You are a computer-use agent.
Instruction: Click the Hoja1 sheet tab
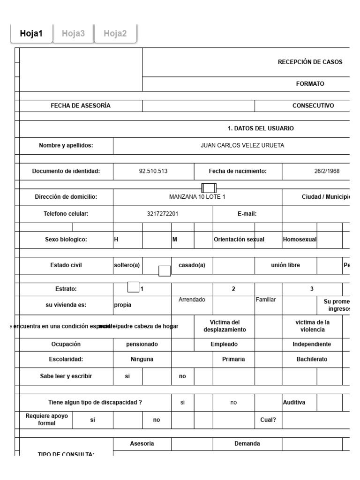click(x=31, y=33)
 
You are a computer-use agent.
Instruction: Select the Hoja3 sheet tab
click(x=74, y=33)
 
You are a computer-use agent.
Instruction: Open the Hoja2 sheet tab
click(x=115, y=33)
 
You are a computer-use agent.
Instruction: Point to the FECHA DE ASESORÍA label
click(x=81, y=105)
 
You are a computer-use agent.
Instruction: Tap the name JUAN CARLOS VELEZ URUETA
click(x=242, y=145)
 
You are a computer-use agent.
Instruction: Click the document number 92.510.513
click(x=153, y=171)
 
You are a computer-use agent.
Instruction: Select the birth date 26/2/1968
click(x=327, y=171)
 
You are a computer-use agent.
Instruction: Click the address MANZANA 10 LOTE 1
click(x=197, y=197)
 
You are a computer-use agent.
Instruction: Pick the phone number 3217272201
click(x=163, y=214)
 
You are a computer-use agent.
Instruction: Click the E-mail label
click(x=247, y=214)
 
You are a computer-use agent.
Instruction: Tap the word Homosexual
click(x=300, y=240)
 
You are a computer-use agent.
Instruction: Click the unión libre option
click(x=285, y=265)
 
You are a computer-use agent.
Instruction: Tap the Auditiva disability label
click(x=294, y=402)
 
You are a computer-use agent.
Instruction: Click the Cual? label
click(x=268, y=420)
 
